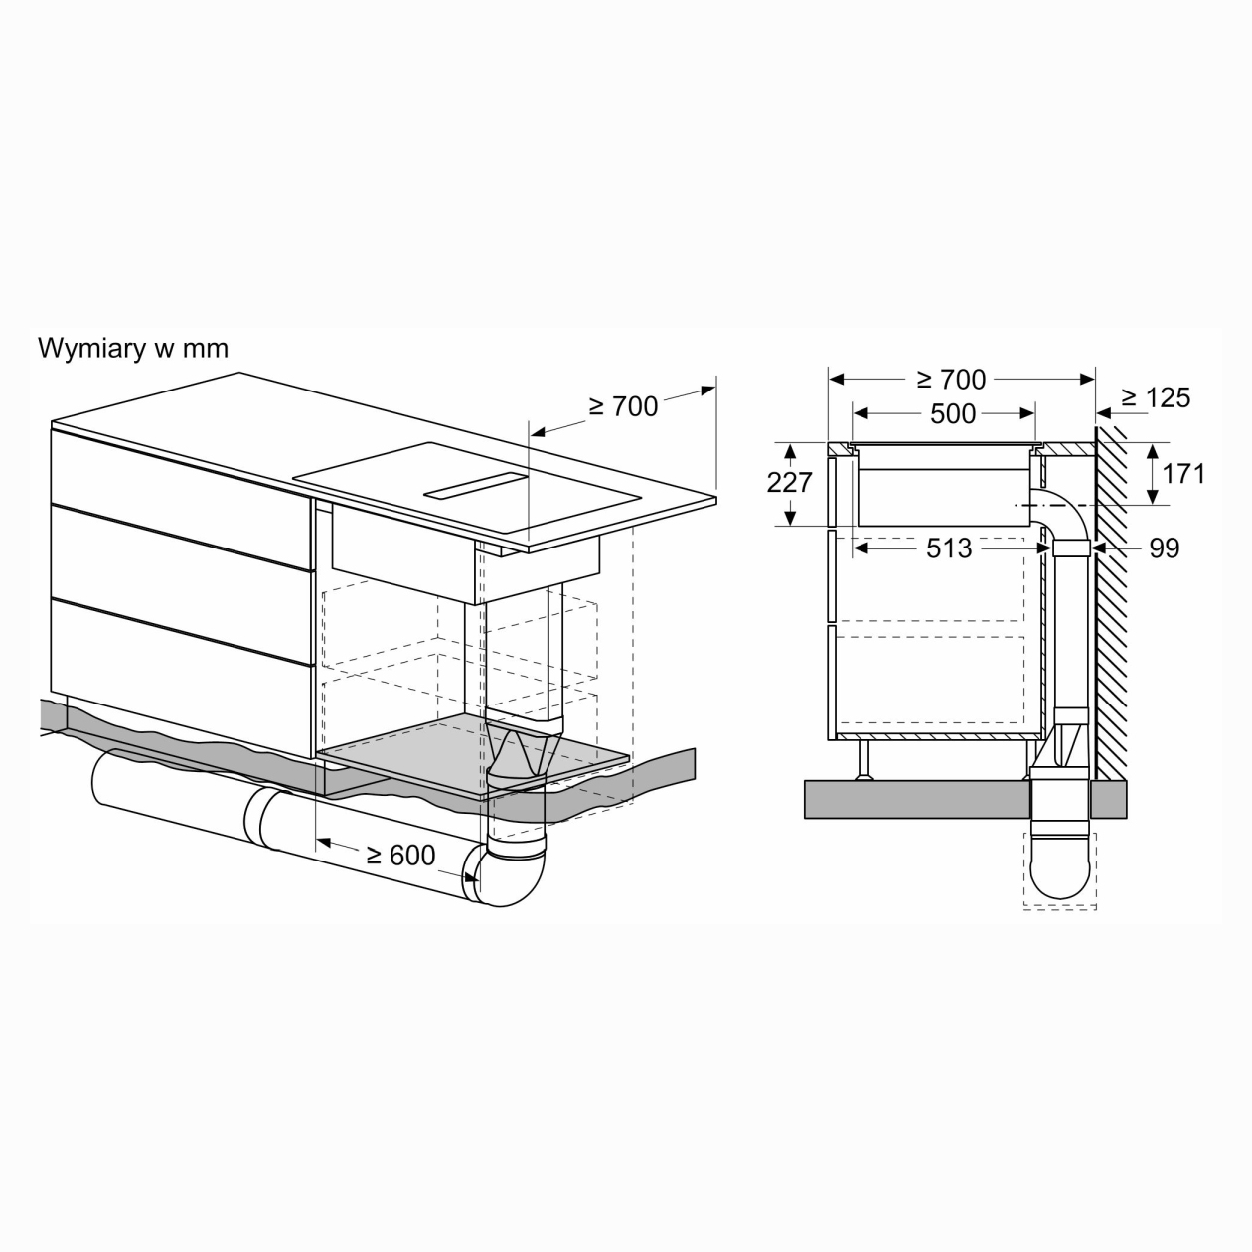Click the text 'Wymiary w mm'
point(133,348)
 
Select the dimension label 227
point(789,482)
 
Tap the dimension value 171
point(1183,474)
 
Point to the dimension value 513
point(949,548)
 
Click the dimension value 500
point(953,414)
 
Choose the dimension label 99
point(1165,548)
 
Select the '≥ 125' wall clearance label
point(1157,397)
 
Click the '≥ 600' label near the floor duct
point(400,855)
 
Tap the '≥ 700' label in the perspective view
point(623,406)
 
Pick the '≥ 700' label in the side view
point(951,380)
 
